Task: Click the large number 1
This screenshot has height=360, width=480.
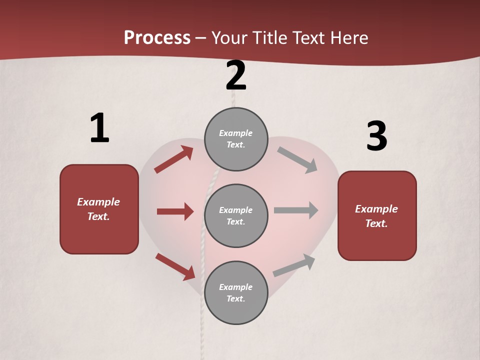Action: point(99,128)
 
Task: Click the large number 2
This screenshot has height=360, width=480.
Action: point(236,75)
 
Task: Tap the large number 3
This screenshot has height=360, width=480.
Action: point(376,136)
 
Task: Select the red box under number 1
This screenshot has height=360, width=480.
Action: point(99,209)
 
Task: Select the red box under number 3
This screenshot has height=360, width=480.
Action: point(377,216)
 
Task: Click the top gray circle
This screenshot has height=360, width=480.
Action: point(236,139)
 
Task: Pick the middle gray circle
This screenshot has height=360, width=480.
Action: point(236,216)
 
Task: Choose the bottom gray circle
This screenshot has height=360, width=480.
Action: point(236,293)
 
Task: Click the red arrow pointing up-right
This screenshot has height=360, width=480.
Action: point(174,159)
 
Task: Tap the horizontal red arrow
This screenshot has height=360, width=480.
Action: point(175,211)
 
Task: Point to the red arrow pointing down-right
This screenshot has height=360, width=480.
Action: point(175,266)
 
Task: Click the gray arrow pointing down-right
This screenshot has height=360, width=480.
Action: point(297,159)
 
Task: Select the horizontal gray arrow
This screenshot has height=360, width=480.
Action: point(296,210)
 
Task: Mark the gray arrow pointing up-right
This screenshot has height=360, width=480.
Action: point(294,265)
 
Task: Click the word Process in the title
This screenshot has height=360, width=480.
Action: point(157,37)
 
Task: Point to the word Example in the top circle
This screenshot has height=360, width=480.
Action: point(235,133)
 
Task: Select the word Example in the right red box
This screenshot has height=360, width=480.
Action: point(376,209)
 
